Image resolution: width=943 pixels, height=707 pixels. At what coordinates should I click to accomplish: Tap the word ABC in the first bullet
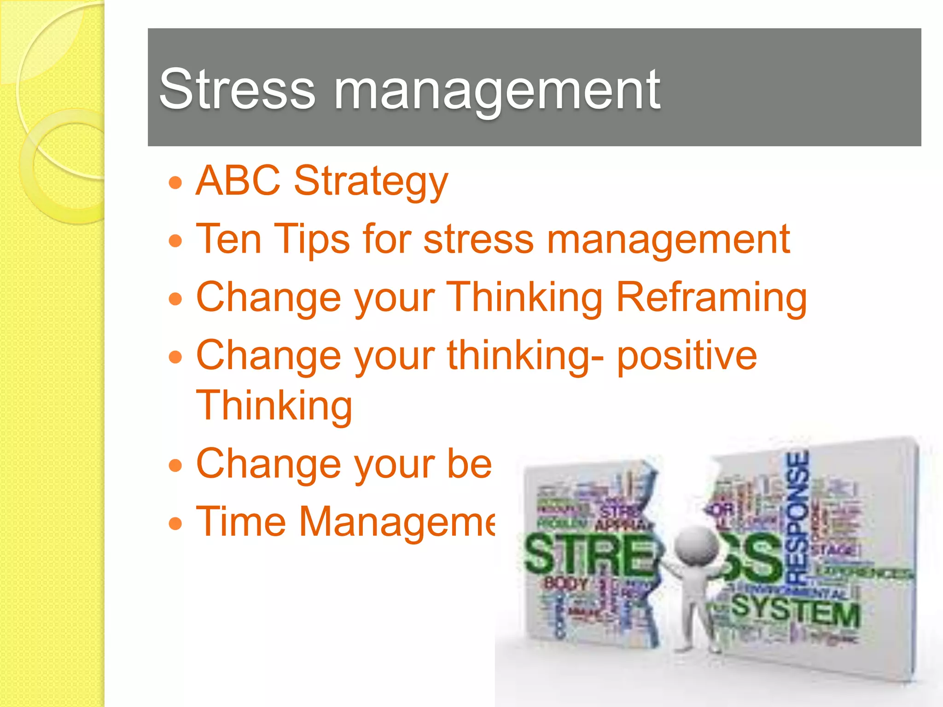pos(238,180)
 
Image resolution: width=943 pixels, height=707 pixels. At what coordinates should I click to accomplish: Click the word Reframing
pos(711,298)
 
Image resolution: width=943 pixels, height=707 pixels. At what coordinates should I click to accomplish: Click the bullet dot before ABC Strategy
pos(175,183)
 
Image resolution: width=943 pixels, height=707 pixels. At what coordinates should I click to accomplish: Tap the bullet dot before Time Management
pos(175,523)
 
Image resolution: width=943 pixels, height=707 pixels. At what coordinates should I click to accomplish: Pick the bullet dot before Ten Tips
pos(175,241)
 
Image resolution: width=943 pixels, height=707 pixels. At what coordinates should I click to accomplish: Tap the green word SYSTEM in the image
pos(795,610)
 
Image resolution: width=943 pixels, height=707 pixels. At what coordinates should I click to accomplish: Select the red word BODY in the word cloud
pos(566,584)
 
